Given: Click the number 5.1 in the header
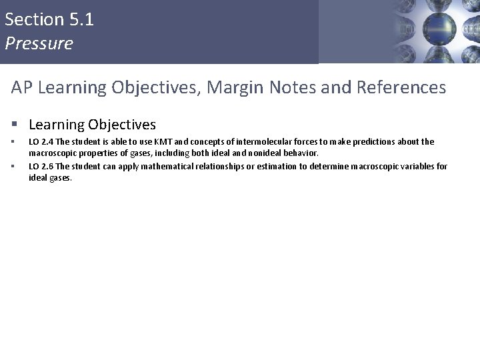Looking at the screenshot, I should pyautogui.click(x=81, y=19).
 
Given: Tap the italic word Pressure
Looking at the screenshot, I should pyautogui.click(x=38, y=44).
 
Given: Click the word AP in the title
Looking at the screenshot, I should pyautogui.click(x=21, y=87).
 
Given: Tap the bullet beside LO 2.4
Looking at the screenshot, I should pyautogui.click(x=14, y=142).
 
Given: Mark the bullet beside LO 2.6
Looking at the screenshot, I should pyautogui.click(x=14, y=166).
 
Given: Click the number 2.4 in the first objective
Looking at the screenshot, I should pyautogui.click(x=46, y=142).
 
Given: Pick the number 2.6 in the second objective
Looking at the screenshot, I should pyautogui.click(x=46, y=166).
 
